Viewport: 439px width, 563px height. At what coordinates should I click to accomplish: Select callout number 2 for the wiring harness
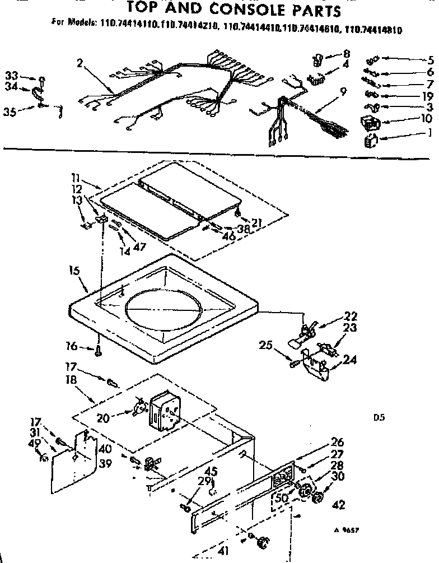pos(80,63)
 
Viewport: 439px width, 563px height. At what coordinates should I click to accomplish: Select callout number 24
pos(350,360)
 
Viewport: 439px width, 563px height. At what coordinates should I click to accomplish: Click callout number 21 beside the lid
pos(258,224)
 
